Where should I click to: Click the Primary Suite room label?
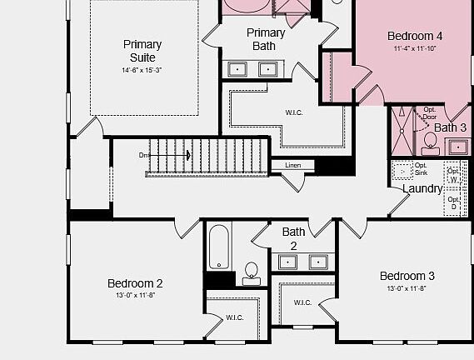[x=142, y=51]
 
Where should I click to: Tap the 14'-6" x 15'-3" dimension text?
[x=142, y=71]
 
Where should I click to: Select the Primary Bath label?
[x=266, y=39]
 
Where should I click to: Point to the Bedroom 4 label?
[x=415, y=36]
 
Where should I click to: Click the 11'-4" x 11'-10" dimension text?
[x=415, y=48]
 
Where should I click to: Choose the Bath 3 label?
[x=451, y=127]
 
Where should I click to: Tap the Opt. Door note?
[x=429, y=113]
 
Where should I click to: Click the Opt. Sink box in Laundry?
[x=403, y=170]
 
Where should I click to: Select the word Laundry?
[x=422, y=189]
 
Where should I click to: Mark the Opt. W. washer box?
[x=454, y=175]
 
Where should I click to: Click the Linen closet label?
[x=292, y=165]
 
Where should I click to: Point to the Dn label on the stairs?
[x=144, y=155]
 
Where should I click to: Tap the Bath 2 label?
[x=293, y=238]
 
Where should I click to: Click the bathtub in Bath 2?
[x=219, y=247]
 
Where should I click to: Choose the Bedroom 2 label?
[x=135, y=283]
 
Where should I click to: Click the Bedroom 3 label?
[x=407, y=276]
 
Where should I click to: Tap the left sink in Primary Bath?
[x=237, y=68]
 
